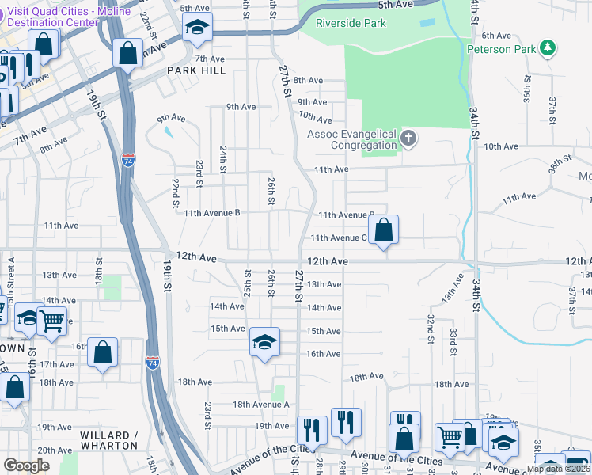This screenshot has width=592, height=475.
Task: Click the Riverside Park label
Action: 351,23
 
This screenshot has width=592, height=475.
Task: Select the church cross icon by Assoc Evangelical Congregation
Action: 408,140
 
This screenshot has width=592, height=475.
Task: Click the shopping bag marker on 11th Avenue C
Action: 383,230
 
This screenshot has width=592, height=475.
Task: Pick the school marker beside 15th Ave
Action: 264,342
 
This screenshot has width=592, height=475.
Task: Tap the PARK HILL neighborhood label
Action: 196,70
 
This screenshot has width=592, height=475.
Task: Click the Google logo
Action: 26,465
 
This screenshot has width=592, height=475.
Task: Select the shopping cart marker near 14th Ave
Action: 51,321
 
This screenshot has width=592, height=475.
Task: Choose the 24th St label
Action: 223,158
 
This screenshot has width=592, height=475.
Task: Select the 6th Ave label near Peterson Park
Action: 497,36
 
